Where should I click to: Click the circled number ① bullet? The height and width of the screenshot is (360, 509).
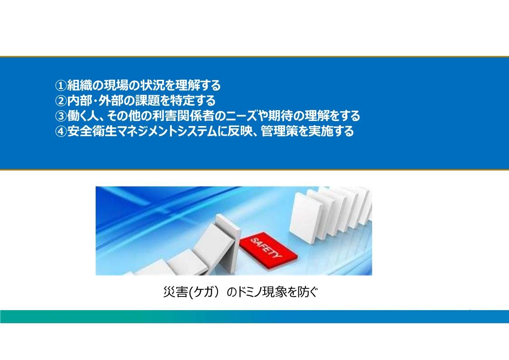click(61, 86)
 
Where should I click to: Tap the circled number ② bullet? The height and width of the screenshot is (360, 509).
click(61, 101)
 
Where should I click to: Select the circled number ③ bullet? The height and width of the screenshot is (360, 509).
click(61, 116)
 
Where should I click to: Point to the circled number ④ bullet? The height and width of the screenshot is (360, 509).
click(61, 131)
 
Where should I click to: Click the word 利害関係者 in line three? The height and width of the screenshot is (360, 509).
click(183, 116)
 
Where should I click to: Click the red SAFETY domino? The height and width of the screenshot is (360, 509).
click(268, 248)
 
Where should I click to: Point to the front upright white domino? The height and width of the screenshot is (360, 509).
click(306, 218)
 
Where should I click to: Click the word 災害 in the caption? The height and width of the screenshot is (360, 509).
click(175, 292)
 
